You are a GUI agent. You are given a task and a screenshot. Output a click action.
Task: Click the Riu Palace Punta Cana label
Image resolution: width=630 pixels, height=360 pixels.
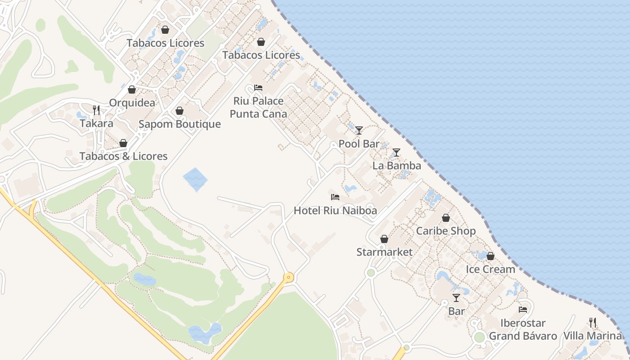pyautogui.click(x=258, y=108)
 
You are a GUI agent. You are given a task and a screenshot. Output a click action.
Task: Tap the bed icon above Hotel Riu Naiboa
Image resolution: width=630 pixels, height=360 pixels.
pyautogui.click(x=335, y=197)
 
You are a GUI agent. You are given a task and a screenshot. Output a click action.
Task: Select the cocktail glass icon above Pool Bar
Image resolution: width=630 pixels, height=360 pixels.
pyautogui.click(x=359, y=130)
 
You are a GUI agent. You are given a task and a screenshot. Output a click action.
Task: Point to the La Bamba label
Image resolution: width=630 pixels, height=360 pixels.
pyautogui.click(x=396, y=166)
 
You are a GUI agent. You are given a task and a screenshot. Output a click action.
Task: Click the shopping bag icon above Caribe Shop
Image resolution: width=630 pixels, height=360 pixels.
pyautogui.click(x=445, y=218)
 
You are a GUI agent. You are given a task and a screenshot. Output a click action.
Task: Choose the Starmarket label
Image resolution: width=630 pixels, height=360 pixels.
pyautogui.click(x=384, y=252)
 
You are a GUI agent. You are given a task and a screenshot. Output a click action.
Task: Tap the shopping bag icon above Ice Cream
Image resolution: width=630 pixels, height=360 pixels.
pyautogui.click(x=490, y=256)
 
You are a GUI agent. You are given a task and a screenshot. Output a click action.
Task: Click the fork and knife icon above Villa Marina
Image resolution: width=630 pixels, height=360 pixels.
pyautogui.click(x=593, y=322)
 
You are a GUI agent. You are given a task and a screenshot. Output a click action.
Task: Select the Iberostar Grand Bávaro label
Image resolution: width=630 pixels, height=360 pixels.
pyautogui.click(x=523, y=330)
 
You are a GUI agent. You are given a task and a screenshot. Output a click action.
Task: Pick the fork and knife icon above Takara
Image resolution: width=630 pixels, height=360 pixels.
pyautogui.click(x=96, y=110)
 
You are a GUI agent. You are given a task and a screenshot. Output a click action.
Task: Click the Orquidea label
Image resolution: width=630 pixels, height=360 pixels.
pyautogui.click(x=132, y=103)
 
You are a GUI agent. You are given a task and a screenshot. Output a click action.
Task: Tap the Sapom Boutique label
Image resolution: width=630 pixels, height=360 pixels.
pyautogui.click(x=180, y=124)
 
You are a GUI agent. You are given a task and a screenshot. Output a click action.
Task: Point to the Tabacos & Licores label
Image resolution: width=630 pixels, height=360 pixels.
pyautogui.click(x=123, y=156)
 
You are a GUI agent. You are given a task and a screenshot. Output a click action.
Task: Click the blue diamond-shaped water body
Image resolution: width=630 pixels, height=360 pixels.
pyautogui.click(x=195, y=179)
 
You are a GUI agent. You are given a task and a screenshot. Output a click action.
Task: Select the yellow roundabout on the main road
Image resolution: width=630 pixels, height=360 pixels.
pyautogui.click(x=288, y=277)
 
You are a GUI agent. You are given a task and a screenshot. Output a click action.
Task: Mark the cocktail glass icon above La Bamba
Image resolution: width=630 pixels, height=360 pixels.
pyautogui.click(x=396, y=153)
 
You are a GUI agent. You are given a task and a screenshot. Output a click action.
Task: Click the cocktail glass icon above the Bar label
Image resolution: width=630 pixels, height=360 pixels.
pyautogui.click(x=456, y=297)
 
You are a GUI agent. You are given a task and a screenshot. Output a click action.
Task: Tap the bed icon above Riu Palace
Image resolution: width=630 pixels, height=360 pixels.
pyautogui.click(x=258, y=87)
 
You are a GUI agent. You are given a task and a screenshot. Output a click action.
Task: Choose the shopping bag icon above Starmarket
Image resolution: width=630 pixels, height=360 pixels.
pyautogui.click(x=384, y=239)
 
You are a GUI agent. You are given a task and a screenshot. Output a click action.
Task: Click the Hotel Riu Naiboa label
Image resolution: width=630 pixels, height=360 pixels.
pyautogui.click(x=335, y=210)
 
